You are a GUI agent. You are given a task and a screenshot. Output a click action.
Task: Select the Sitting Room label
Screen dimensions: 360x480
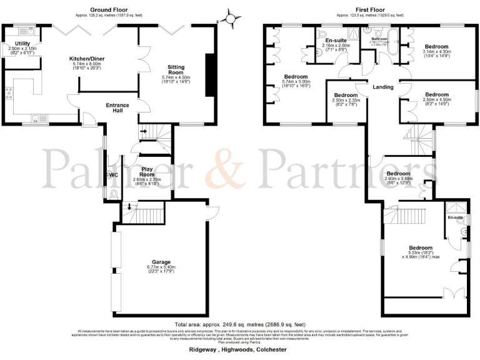176,68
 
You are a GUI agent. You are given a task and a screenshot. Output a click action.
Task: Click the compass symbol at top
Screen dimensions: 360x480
231,18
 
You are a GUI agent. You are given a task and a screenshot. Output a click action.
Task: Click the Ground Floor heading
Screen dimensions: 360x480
109,10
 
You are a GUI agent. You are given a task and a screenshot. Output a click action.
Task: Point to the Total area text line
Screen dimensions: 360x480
240,325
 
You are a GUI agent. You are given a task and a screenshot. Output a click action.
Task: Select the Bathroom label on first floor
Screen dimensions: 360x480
379,39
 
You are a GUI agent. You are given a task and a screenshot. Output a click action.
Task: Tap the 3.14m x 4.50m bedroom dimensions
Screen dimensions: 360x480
436,54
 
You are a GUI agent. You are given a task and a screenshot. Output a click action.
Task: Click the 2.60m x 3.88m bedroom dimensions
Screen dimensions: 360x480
398,181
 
